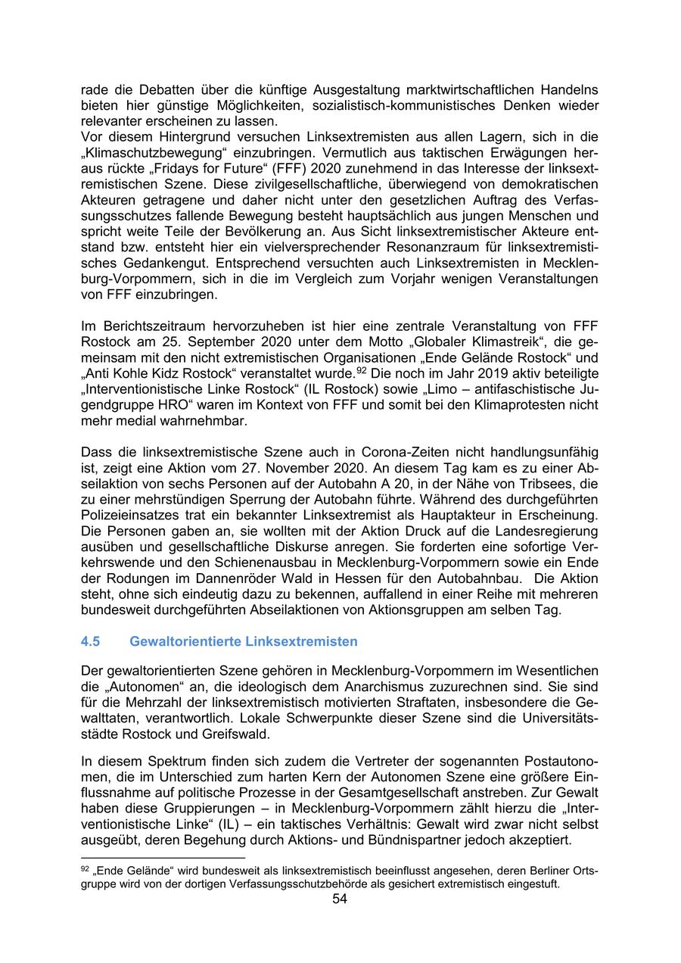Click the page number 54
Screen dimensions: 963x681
[340, 899]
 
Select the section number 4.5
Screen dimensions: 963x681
[90, 641]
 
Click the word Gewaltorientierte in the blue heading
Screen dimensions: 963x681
[185, 641]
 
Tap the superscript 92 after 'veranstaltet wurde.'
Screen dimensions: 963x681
[362, 371]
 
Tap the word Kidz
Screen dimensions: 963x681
[172, 373]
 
